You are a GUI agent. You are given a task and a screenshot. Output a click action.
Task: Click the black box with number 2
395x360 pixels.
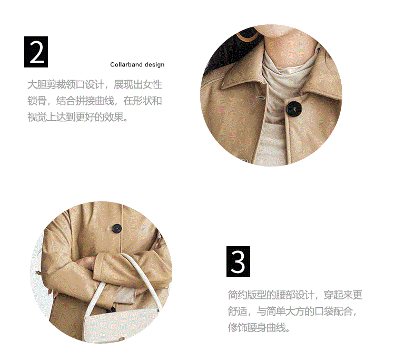click(x=36, y=52)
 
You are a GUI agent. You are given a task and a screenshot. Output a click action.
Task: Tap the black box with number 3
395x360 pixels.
click(x=238, y=261)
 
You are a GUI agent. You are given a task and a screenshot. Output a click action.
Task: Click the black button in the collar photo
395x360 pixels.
click(x=294, y=109)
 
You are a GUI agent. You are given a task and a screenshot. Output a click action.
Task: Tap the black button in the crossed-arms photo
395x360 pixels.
click(x=116, y=229)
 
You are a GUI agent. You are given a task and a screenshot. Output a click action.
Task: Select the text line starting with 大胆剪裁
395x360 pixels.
click(x=95, y=84)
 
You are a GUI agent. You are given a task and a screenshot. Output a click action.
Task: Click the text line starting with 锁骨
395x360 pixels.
click(x=95, y=101)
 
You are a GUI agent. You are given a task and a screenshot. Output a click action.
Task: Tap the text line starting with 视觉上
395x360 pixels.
click(x=77, y=117)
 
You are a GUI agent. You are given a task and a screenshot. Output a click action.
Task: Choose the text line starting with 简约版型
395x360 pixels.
click(x=295, y=295)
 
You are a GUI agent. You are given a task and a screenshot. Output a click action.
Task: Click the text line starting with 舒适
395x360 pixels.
click(x=293, y=312)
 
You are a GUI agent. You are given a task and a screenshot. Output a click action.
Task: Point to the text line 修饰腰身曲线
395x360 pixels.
click(x=259, y=328)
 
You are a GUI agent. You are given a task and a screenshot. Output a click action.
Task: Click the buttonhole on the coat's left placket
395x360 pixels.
click(x=260, y=98)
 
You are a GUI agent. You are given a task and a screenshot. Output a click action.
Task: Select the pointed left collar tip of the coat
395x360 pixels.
click(x=222, y=88)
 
